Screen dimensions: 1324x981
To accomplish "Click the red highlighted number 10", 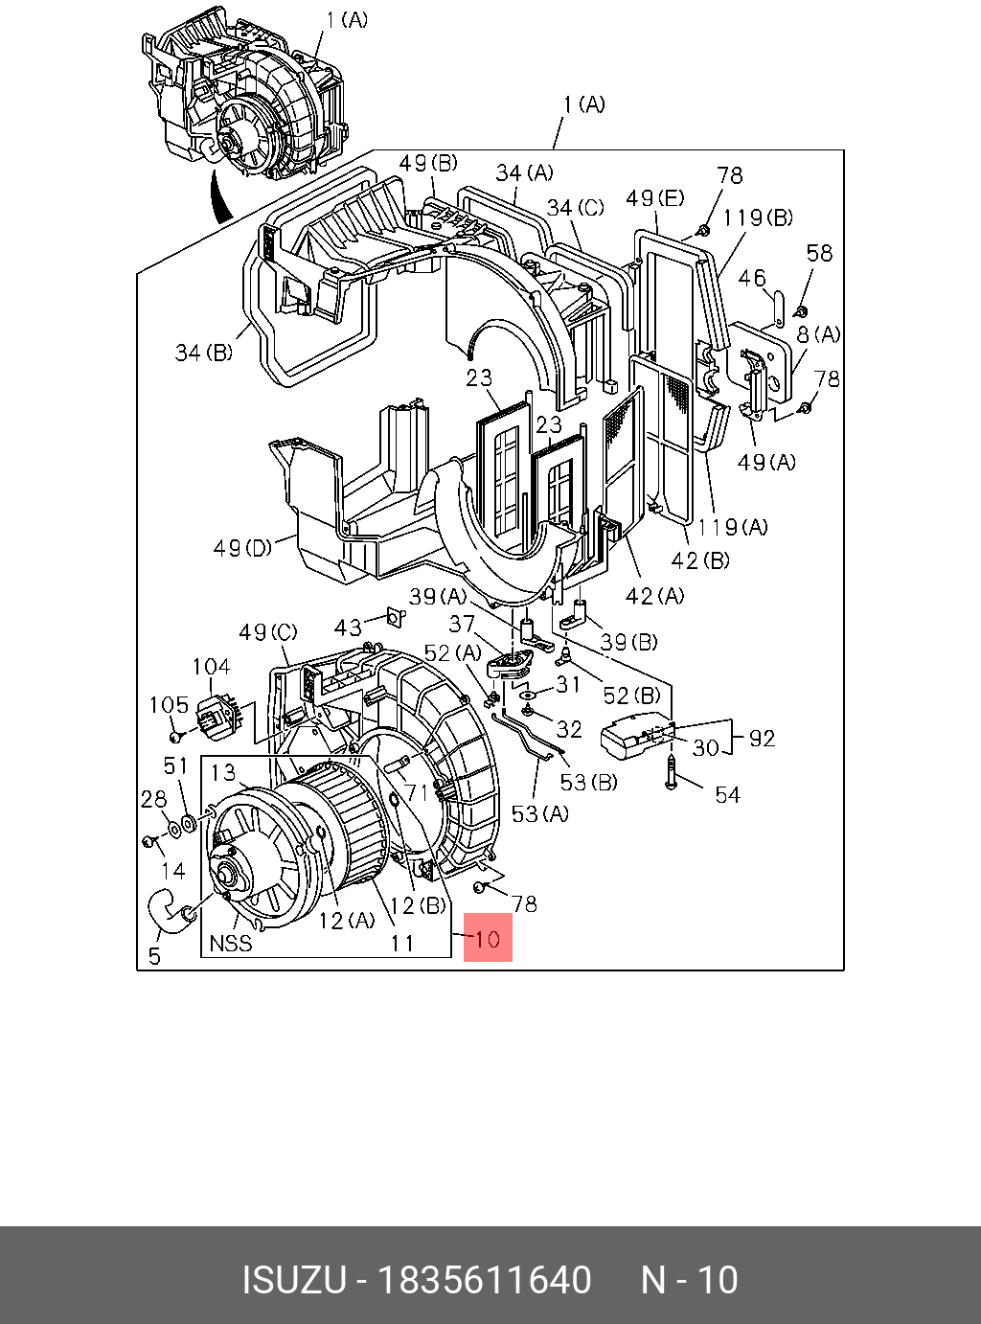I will (488, 937).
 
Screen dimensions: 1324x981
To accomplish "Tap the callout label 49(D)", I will (241, 548).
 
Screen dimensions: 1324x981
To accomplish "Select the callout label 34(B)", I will (203, 353).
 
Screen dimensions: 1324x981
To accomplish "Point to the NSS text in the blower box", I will (231, 943).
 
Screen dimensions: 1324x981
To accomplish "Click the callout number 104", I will (211, 667).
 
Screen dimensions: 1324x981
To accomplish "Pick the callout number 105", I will (169, 705).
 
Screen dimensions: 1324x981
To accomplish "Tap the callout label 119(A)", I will (732, 526).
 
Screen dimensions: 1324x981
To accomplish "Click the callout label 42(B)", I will (700, 560).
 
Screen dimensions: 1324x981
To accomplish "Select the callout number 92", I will (762, 738).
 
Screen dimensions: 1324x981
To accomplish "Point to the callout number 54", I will (727, 794).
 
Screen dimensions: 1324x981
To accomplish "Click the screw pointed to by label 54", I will (671, 771).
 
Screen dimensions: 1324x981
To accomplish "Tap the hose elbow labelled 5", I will (171, 911).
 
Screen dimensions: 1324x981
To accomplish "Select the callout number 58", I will (819, 253).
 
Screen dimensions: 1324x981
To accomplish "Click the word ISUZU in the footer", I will (292, 1280).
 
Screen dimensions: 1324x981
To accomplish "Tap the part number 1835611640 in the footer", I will (485, 1280).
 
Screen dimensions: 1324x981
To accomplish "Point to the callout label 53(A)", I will (539, 813).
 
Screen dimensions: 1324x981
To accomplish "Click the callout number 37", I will (462, 624).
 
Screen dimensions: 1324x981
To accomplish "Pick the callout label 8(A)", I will (818, 334).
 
